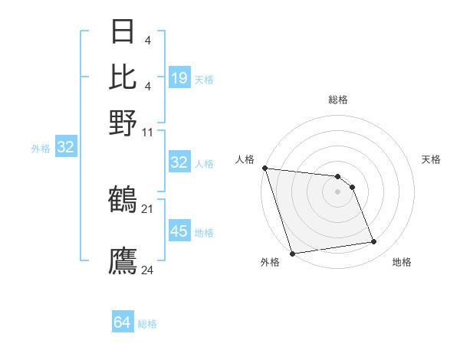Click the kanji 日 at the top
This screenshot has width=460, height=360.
click(123, 33)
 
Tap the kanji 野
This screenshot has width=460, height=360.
click(123, 122)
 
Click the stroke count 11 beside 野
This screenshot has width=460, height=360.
click(148, 132)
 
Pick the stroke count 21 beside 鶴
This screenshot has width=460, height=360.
click(148, 208)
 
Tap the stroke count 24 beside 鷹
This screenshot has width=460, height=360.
click(148, 269)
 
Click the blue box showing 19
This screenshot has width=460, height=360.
click(179, 78)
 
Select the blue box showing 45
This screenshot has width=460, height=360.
click(179, 231)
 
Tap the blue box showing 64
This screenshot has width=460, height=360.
click(123, 323)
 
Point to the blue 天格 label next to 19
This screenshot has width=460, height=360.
click(204, 80)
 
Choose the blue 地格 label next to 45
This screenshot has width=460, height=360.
click(204, 233)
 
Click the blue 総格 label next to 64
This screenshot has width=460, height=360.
click(147, 325)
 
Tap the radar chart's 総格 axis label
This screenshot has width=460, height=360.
click(337, 100)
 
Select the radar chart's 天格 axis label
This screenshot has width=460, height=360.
click(432, 159)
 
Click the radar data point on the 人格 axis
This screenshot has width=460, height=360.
click(264, 168)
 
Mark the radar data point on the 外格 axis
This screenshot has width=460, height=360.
click(292, 254)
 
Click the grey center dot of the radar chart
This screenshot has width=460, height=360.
click(337, 191)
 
